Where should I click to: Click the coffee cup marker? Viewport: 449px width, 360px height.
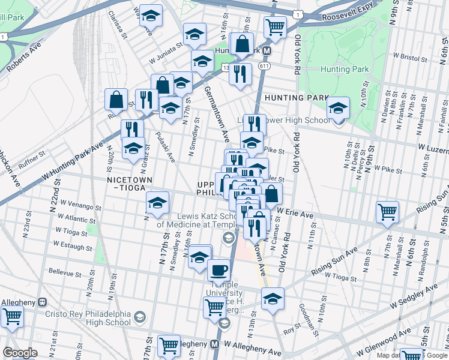[219, 269]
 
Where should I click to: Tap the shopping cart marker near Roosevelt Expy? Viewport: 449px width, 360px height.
[275, 28]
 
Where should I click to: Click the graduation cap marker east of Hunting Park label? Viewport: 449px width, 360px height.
[339, 109]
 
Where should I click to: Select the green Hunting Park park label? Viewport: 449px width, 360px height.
[343, 70]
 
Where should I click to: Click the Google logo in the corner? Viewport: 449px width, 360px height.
[19, 353]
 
